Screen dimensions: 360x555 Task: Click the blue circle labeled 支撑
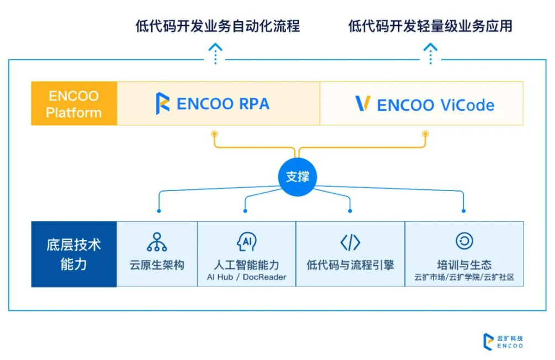point(298,177)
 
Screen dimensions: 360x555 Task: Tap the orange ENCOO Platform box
point(74,104)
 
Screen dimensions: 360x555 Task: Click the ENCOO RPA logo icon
point(162,103)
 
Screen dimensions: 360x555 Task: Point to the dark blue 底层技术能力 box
point(74,254)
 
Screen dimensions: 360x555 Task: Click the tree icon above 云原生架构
point(157,242)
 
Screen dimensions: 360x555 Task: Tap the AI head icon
point(246,242)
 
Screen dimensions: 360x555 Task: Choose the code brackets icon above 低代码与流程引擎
point(350,242)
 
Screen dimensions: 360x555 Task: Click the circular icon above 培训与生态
point(464,241)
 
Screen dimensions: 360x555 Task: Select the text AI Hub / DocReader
point(246,277)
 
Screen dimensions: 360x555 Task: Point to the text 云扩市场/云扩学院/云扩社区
point(464,277)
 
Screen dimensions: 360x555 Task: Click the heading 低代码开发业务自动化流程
point(218,27)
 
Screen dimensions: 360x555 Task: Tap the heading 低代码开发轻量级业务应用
point(430,27)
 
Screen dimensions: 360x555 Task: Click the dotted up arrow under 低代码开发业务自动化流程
point(215,54)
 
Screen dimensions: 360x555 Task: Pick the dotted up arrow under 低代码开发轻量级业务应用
point(430,54)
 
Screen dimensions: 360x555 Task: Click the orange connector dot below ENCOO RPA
point(214,134)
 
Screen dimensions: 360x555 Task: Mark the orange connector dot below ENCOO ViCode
point(425,134)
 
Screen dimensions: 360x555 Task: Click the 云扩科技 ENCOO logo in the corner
point(503,341)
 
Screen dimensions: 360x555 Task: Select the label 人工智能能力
point(246,264)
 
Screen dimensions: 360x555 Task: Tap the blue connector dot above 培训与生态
point(463,211)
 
